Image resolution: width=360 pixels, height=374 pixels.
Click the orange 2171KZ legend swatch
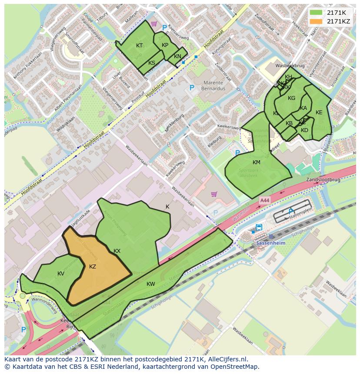[316, 21]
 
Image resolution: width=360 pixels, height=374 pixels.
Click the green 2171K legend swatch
[316, 13]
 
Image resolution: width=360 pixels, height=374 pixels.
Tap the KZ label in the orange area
[92, 267]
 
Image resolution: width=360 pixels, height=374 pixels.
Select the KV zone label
[61, 274]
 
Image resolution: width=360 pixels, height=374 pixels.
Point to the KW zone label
[150, 284]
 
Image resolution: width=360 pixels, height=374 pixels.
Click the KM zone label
[256, 162]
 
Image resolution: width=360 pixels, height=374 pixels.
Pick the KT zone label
[139, 46]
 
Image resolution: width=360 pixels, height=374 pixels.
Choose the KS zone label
[152, 63]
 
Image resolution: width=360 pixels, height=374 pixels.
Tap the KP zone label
[165, 45]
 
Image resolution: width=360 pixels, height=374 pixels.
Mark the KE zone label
[319, 113]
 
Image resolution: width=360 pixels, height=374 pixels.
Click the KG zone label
[291, 98]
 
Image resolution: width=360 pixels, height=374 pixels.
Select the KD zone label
[304, 130]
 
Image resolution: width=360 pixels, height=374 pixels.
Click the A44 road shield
[264, 200]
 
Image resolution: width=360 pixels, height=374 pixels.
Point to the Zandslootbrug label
[323, 179]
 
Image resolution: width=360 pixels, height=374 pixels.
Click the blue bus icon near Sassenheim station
[259, 227]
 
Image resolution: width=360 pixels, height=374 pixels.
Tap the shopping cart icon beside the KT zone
[153, 24]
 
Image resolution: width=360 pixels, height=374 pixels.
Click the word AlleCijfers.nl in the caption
[227, 359]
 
